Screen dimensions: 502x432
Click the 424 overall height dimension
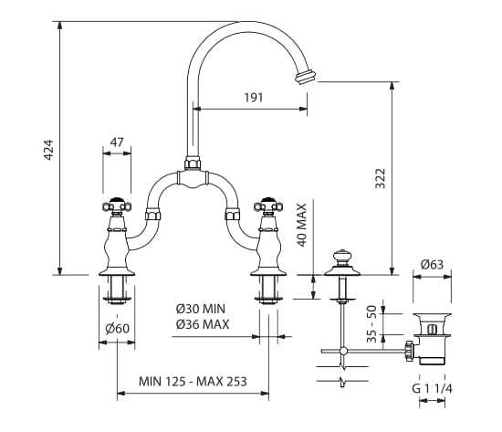[48, 150]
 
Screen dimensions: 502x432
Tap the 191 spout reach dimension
[254, 98]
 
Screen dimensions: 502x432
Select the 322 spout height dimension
[381, 178]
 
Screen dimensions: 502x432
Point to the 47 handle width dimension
[117, 142]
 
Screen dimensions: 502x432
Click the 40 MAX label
[302, 225]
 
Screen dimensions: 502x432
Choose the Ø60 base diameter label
[117, 328]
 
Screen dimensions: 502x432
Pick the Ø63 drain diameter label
[432, 265]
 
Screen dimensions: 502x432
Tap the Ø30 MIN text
[201, 309]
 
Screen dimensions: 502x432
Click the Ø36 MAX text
[203, 324]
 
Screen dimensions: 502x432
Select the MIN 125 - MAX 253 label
[193, 382]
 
